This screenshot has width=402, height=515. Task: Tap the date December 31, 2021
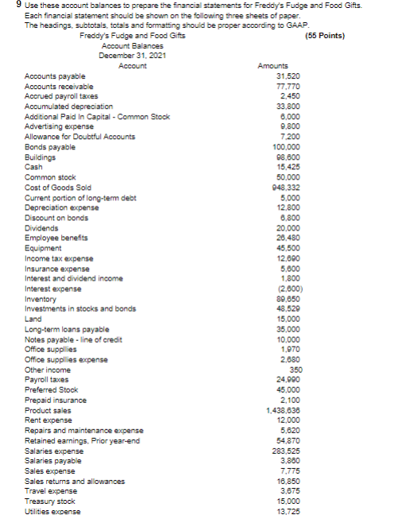132,56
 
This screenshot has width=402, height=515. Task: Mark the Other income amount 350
281,368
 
